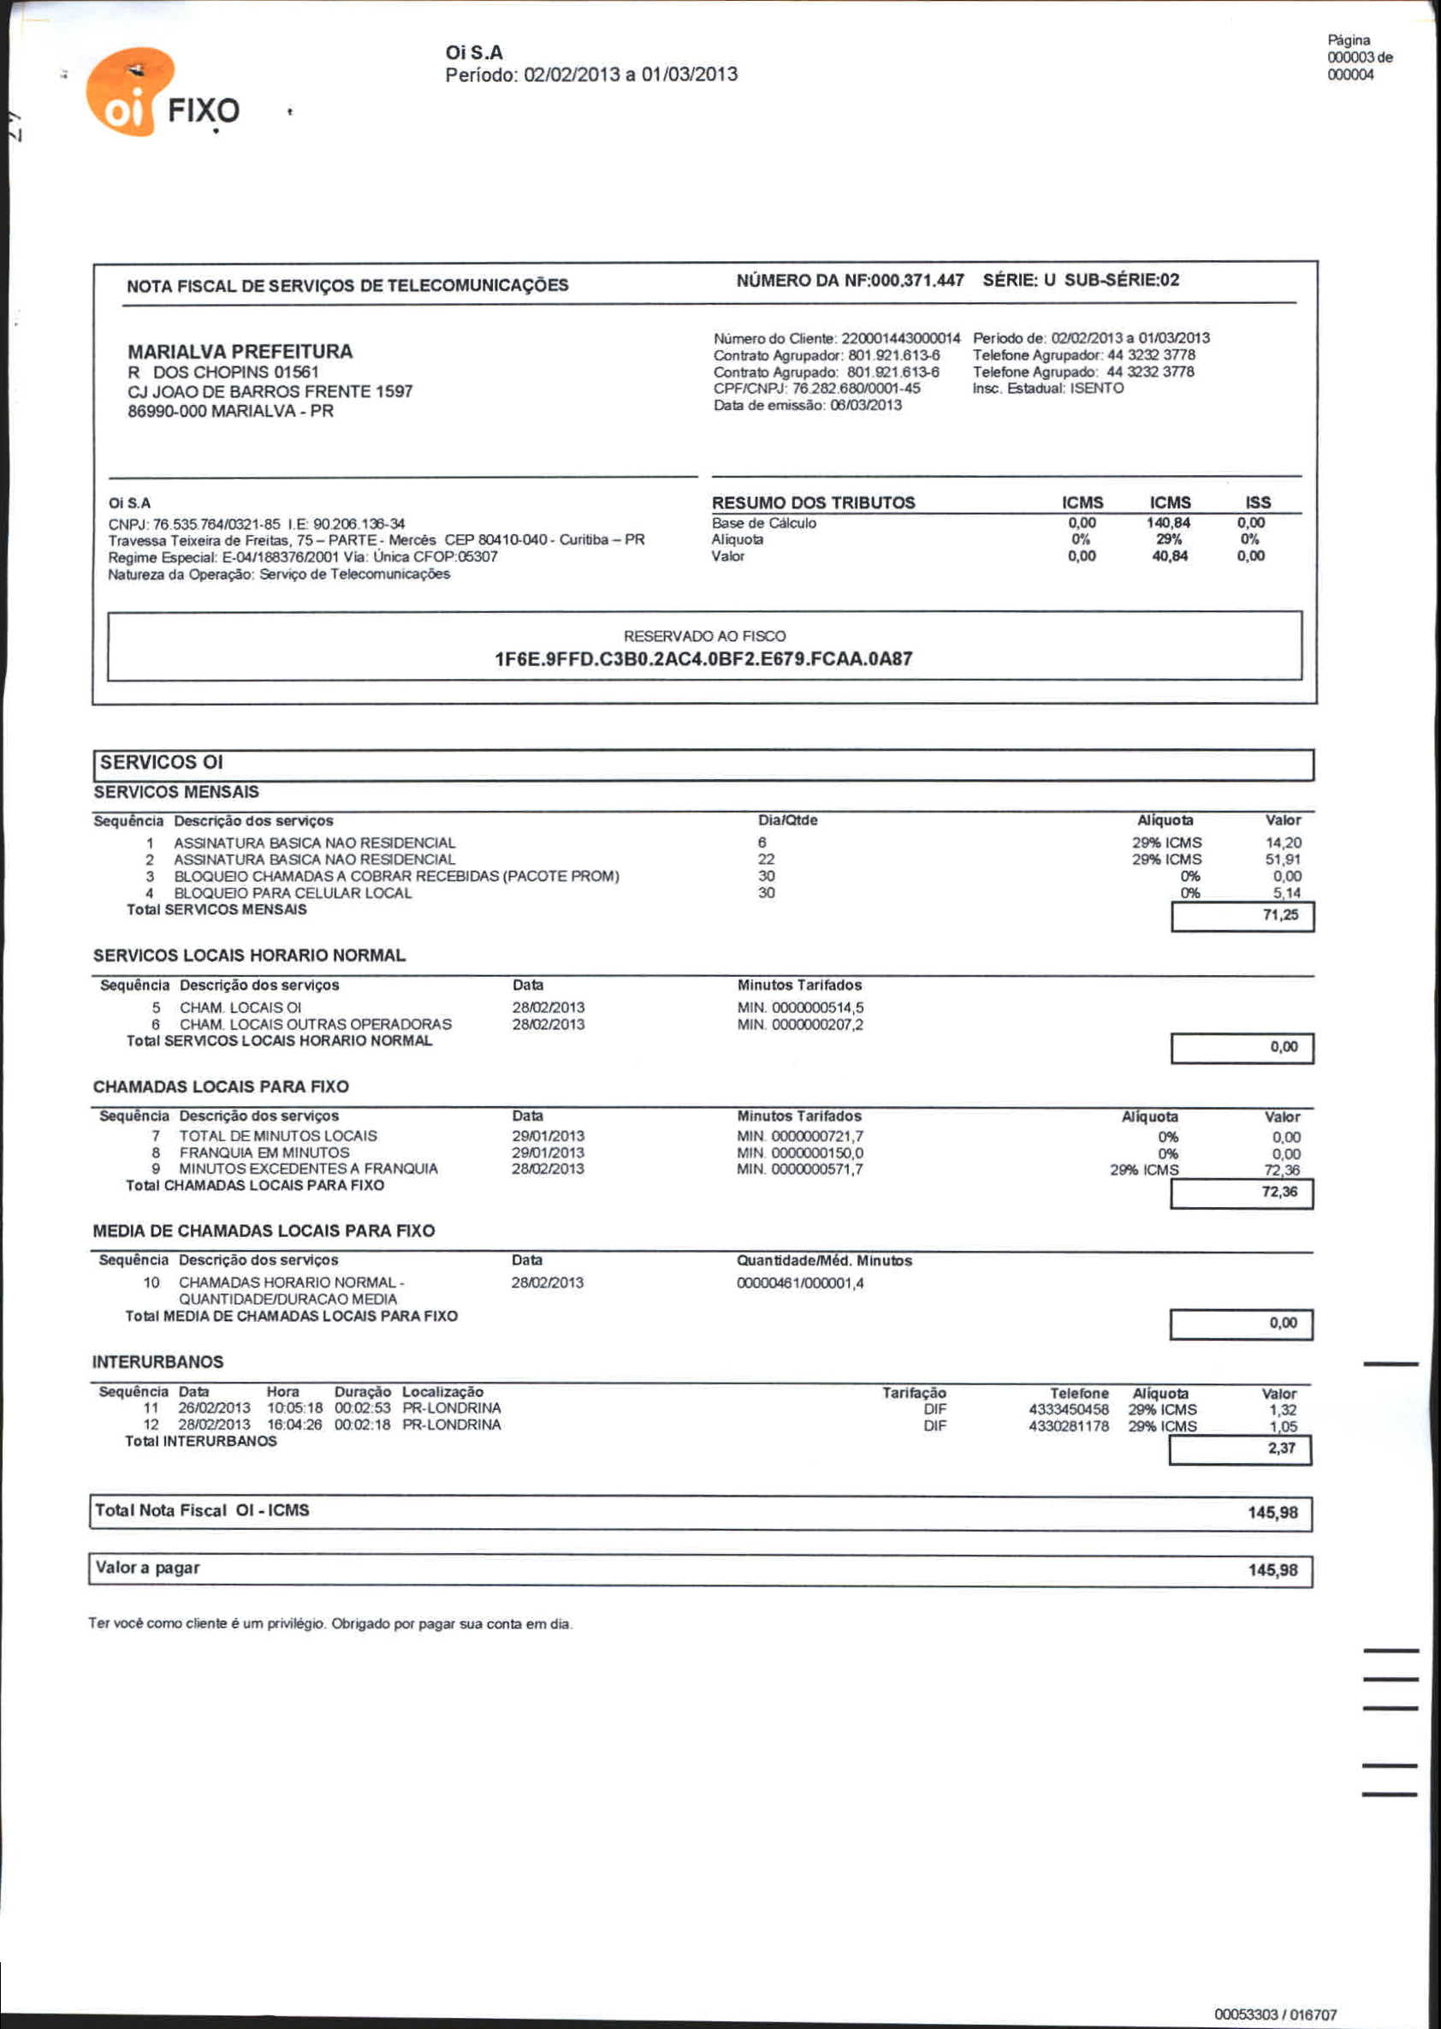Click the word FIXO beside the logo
click(x=203, y=111)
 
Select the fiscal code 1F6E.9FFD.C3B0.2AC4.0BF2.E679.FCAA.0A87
click(x=703, y=658)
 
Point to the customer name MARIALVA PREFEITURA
click(x=240, y=352)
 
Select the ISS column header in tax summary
click(x=1257, y=503)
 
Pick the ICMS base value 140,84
click(x=1168, y=523)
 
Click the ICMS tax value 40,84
click(x=1169, y=556)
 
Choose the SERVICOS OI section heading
click(x=162, y=763)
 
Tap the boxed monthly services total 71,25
click(x=1280, y=915)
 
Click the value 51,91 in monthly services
click(x=1282, y=860)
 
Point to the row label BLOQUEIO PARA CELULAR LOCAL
click(x=293, y=893)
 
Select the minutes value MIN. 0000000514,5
click(x=800, y=1008)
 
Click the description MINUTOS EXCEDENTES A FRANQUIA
click(x=308, y=1169)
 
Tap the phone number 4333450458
click(x=1068, y=1409)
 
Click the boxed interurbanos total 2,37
click(x=1281, y=1448)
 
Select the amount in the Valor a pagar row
click(x=1272, y=1570)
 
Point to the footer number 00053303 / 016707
click(x=1275, y=2014)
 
